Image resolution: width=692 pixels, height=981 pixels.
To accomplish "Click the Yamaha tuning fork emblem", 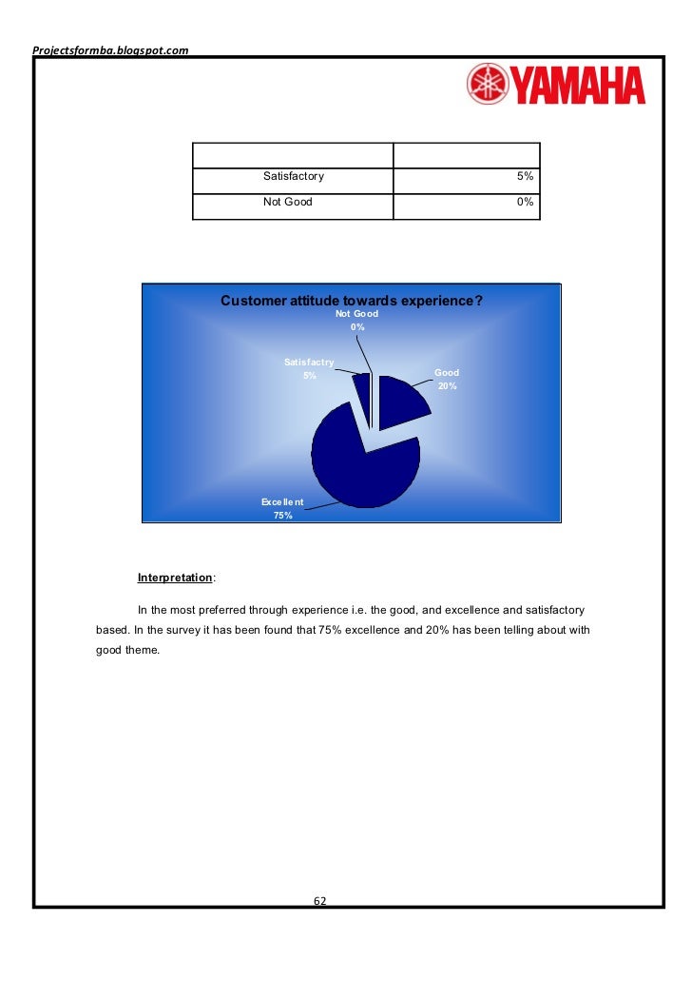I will pyautogui.click(x=488, y=85).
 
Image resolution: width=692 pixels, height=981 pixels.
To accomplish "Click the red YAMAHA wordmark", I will pyautogui.click(x=578, y=86).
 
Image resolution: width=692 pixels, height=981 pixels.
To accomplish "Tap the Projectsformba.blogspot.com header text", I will pyautogui.click(x=110, y=49).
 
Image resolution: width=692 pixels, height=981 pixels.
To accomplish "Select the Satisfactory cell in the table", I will pyautogui.click(x=294, y=176).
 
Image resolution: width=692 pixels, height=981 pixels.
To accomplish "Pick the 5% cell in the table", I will pyautogui.click(x=525, y=176).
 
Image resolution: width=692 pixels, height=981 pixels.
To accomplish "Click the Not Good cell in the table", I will pyautogui.click(x=288, y=202).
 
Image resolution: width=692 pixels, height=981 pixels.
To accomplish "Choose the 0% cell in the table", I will pyautogui.click(x=525, y=202).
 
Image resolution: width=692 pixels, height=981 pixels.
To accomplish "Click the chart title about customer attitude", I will pyautogui.click(x=352, y=301).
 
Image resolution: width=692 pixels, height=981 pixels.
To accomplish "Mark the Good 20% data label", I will pyautogui.click(x=447, y=380).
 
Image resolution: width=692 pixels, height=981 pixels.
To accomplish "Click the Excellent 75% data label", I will pyautogui.click(x=282, y=508).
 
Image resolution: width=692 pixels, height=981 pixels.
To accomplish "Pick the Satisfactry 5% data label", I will pyautogui.click(x=309, y=368).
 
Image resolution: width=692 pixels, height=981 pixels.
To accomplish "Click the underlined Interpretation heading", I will pyautogui.click(x=175, y=578).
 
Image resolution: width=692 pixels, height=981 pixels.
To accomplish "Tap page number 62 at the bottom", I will pyautogui.click(x=320, y=901).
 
